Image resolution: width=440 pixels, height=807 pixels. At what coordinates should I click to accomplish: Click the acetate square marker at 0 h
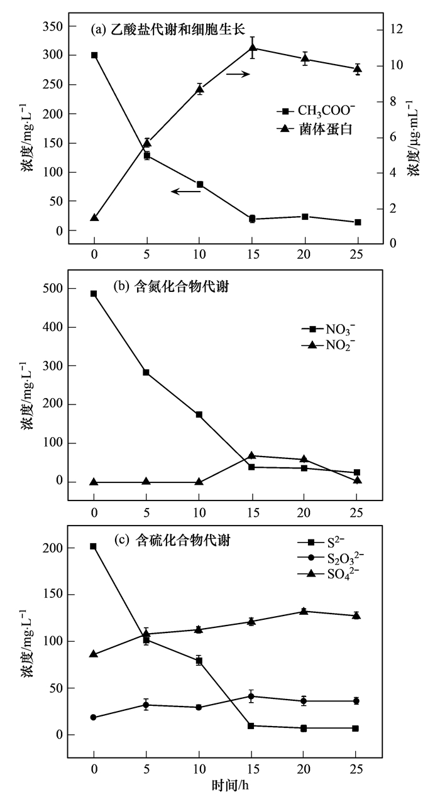[x=94, y=55]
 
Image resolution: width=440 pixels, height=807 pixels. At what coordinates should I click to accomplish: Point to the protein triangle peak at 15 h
[x=252, y=48]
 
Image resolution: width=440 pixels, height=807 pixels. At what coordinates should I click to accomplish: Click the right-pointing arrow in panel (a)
[x=239, y=74]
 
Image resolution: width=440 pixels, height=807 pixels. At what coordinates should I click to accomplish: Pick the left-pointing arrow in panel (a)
[x=185, y=191]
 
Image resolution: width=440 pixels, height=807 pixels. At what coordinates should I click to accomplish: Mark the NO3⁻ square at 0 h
[x=94, y=294]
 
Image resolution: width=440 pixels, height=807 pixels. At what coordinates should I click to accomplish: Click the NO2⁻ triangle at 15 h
[x=252, y=456]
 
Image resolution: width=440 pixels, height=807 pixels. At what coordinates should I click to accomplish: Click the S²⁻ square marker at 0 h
[x=94, y=546]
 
